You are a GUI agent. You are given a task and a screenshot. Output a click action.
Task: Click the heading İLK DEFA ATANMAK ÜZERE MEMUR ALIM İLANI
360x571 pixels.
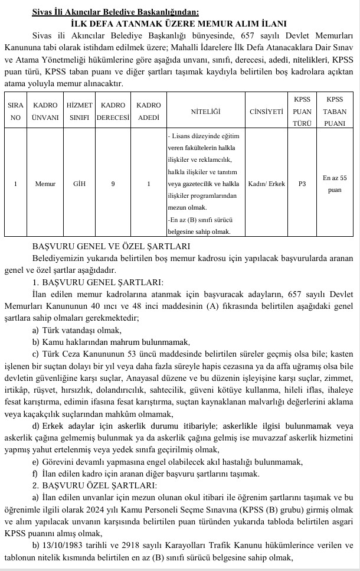coord(179,24)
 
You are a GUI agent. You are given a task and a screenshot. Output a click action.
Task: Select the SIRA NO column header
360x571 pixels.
coord(15,110)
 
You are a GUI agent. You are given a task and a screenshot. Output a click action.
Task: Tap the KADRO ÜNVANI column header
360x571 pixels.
coord(45,110)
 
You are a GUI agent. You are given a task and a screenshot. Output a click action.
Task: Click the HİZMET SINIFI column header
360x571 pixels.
coord(79,110)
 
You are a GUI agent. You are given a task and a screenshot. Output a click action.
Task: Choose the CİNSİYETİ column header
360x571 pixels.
coord(266,111)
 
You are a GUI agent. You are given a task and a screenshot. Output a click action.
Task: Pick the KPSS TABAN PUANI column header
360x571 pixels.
coord(335,110)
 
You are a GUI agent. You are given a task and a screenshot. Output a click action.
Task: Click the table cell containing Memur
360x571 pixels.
coord(45,184)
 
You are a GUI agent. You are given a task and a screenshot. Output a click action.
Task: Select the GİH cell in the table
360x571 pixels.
coord(79,184)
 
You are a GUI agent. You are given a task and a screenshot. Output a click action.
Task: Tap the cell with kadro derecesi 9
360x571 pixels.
coord(113,184)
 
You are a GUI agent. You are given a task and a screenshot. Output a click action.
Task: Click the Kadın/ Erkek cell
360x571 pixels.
coord(267,184)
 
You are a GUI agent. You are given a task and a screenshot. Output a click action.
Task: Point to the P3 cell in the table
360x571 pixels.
coord(302,184)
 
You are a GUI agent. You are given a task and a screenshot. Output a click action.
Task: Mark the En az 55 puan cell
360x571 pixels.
coord(335,184)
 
